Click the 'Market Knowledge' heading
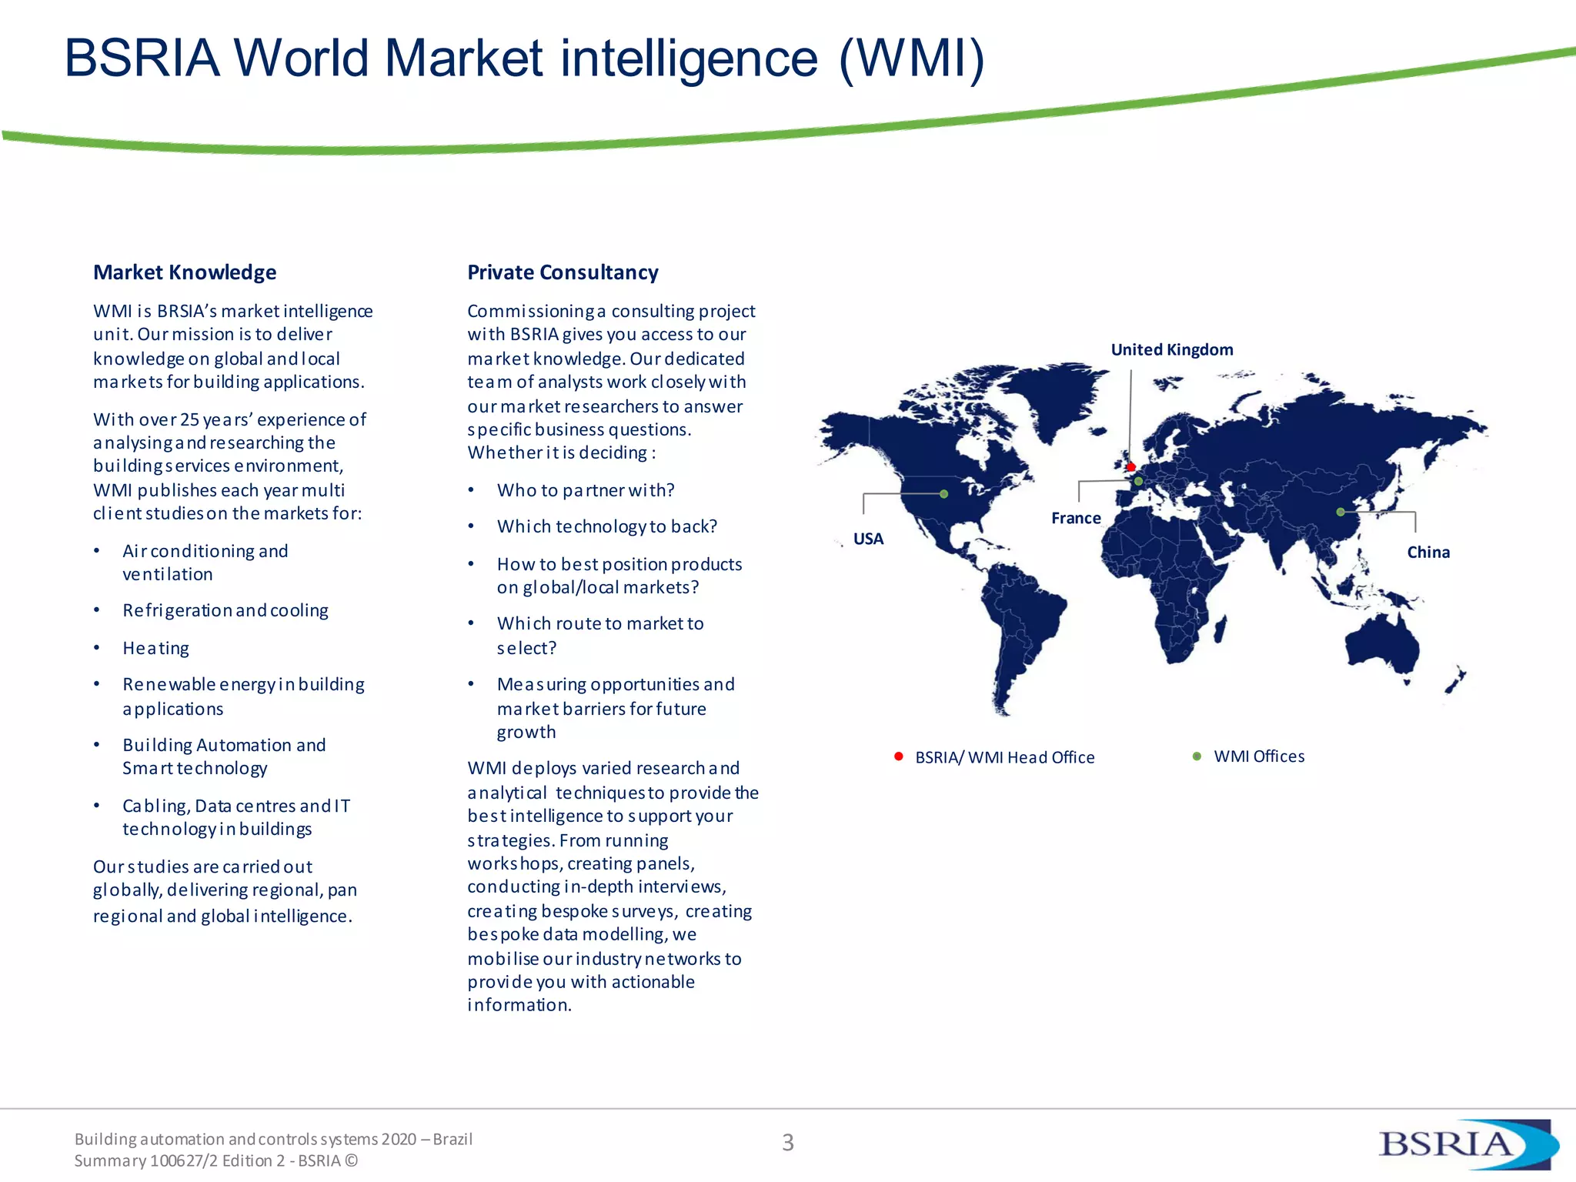click(185, 272)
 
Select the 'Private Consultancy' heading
click(563, 272)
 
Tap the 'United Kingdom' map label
click(1171, 350)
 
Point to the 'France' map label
click(1076, 519)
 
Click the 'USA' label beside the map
click(868, 539)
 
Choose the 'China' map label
click(1427, 553)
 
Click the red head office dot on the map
click(1130, 467)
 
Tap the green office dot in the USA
click(943, 494)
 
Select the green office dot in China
click(1340, 512)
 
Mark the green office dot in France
click(1138, 482)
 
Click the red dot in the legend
click(898, 756)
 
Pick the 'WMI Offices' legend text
click(1259, 756)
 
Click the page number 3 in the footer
click(787, 1143)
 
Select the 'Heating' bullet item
click(155, 649)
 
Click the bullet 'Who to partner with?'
click(586, 491)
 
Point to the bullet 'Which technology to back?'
click(606, 527)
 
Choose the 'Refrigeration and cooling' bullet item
click(225, 611)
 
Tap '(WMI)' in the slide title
click(911, 58)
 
